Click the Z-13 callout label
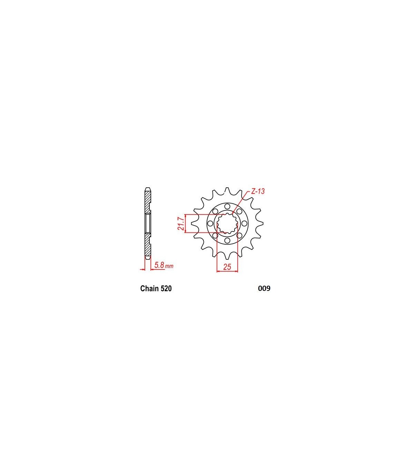click(258, 191)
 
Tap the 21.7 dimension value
click(181, 223)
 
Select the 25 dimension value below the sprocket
click(227, 267)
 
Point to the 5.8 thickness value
click(160, 265)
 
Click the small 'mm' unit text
click(169, 266)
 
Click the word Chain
click(149, 288)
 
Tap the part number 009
click(264, 288)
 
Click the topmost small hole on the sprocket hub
click(227, 206)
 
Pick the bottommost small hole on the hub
click(227, 240)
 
